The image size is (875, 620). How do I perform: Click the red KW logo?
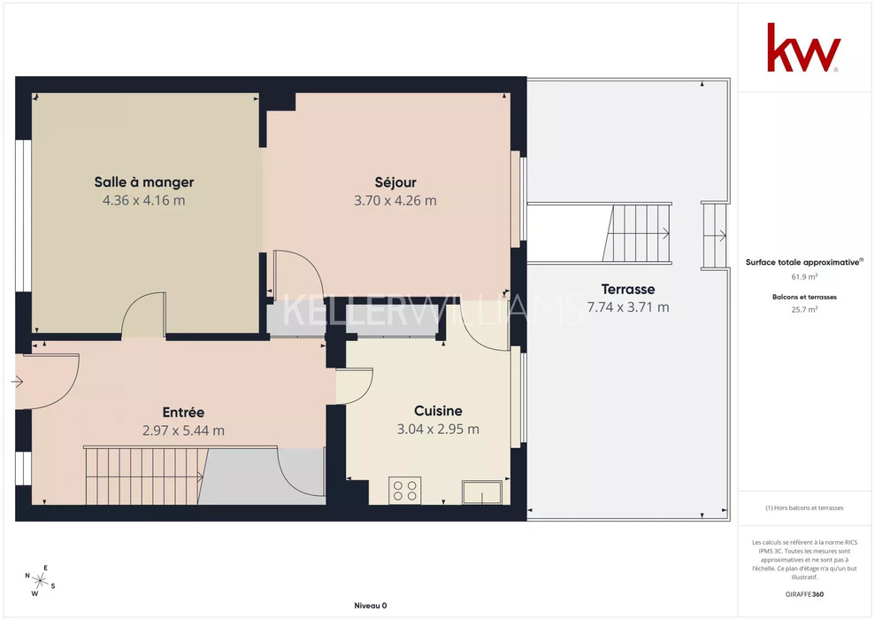coord(803,48)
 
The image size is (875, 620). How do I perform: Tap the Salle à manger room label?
coord(144,182)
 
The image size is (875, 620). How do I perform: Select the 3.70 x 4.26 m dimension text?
coord(395,200)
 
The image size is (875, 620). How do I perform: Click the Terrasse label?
coord(628,290)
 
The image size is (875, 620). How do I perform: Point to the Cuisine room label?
coord(438,411)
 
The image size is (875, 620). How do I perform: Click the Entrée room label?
coord(183,412)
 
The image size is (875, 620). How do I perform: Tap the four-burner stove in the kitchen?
coord(404,491)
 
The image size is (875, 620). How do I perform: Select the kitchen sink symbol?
coord(482,492)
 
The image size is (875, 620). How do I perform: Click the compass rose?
coord(40,581)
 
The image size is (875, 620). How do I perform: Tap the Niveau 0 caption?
coord(371,606)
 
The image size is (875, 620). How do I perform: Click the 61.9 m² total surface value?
coord(804,276)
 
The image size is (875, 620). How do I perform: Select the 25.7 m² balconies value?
coord(804,309)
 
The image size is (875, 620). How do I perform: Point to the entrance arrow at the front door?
coord(17,382)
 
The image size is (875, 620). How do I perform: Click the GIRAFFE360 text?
coord(804,594)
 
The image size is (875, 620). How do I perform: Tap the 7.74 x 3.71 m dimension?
coord(628,307)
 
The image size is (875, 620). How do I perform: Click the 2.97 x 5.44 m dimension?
coord(183,430)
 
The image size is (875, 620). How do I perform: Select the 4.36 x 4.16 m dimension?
coord(144,200)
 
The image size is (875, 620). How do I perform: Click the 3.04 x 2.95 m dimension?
coord(438,429)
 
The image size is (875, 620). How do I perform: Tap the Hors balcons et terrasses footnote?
coord(804,508)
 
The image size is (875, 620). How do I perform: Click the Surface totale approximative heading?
coord(803,262)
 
